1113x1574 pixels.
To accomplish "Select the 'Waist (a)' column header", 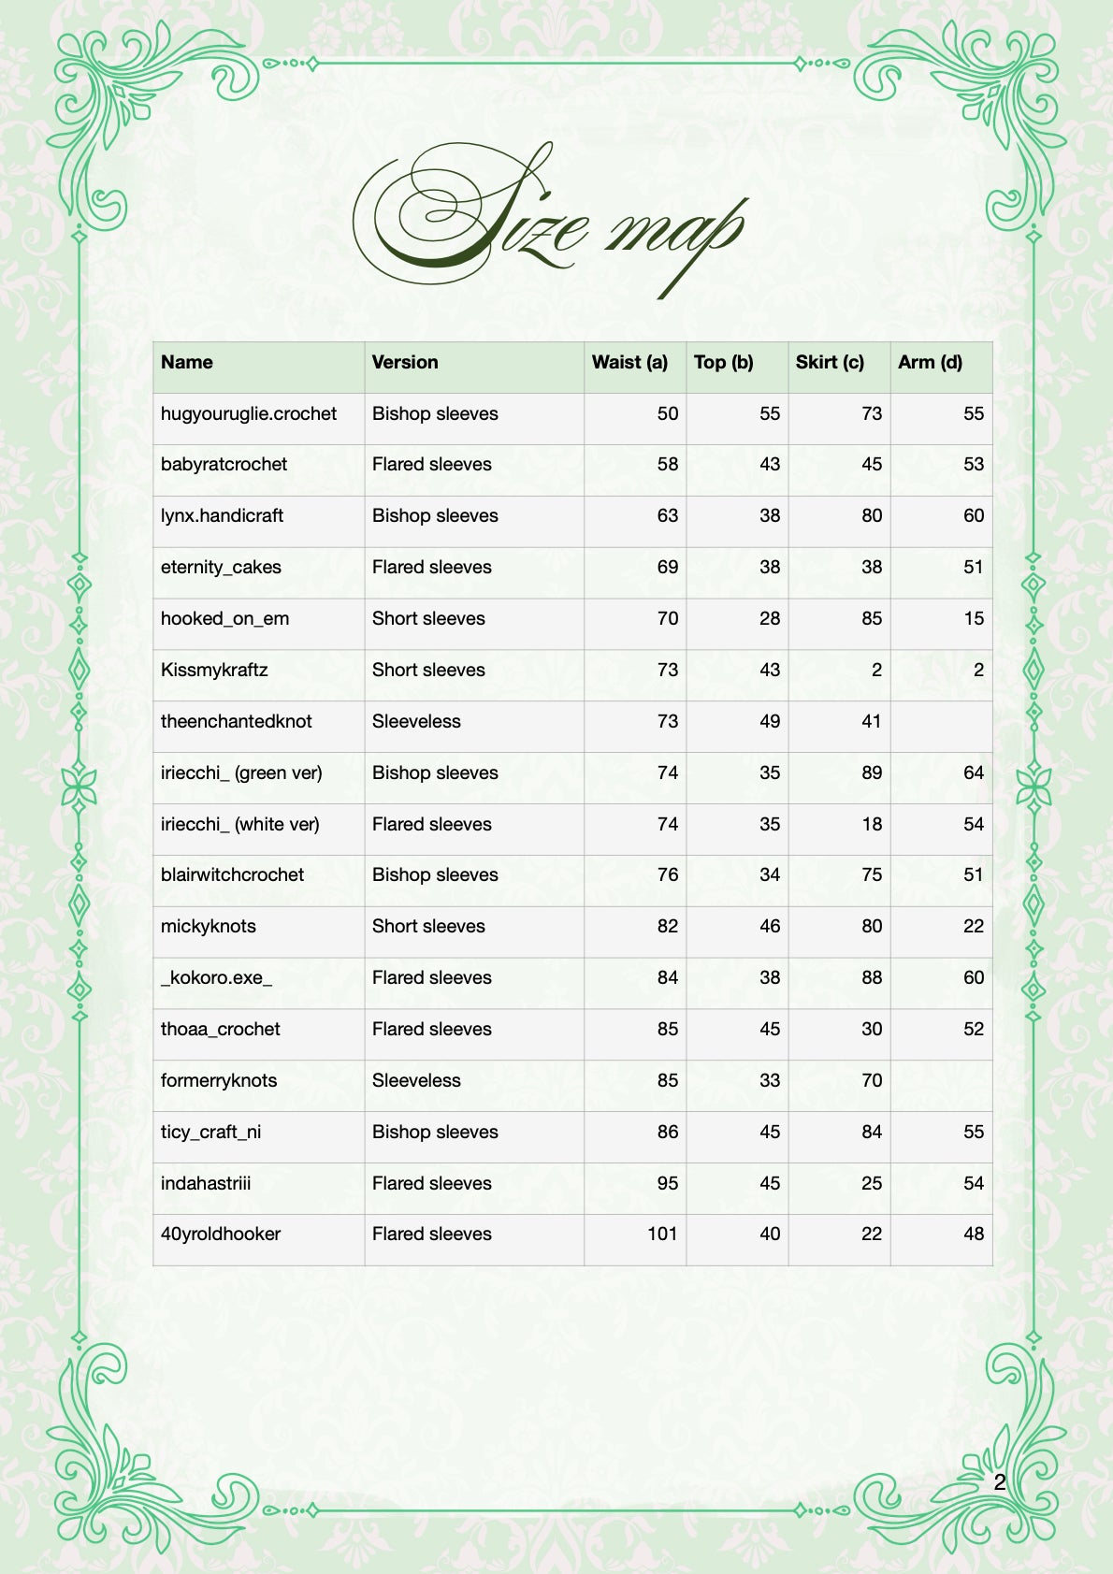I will click(x=629, y=363).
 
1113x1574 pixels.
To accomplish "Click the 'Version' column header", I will click(x=405, y=363).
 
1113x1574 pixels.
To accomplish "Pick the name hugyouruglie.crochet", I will click(x=249, y=414).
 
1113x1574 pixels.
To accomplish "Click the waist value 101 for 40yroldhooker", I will click(x=662, y=1235).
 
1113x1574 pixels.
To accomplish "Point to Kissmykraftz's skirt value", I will click(x=875, y=671).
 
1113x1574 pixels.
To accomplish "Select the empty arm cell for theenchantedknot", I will click(x=941, y=722).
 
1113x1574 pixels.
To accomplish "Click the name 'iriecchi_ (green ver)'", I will click(x=241, y=773).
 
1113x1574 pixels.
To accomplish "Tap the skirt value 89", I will click(x=871, y=773).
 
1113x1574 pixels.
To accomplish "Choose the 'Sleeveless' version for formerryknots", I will click(x=416, y=1081).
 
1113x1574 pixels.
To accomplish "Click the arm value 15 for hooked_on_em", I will click(x=973, y=619).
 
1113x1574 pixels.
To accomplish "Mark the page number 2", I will click(x=999, y=1482).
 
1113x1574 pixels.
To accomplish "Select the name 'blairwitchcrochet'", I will click(x=232, y=875).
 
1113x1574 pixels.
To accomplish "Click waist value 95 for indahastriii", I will click(x=667, y=1184).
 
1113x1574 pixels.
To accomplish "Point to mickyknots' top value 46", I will click(x=769, y=927).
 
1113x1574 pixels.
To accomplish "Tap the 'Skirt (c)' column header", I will click(x=830, y=363).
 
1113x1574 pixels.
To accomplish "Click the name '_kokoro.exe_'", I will click(x=216, y=978).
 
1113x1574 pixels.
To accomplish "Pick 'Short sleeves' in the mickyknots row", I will click(x=428, y=927).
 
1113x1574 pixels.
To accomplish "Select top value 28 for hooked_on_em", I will click(x=769, y=619).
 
